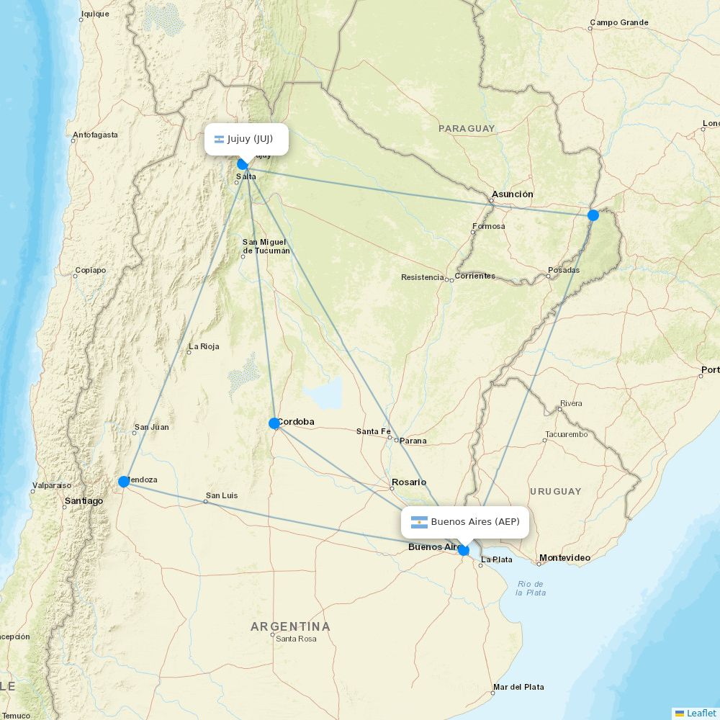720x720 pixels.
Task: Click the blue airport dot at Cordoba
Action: click(x=274, y=423)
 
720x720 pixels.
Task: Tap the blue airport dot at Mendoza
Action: click(x=124, y=482)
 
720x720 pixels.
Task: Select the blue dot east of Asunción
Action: click(x=593, y=215)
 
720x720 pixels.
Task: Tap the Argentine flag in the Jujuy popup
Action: click(x=219, y=139)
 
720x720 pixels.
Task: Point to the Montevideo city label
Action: click(x=564, y=558)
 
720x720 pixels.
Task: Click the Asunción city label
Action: click(x=512, y=194)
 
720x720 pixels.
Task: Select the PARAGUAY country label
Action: click(x=467, y=129)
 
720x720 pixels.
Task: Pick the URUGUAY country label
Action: click(x=555, y=492)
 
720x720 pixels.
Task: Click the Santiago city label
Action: click(x=84, y=501)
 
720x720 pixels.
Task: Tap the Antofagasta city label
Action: click(x=95, y=135)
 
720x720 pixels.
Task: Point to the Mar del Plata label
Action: click(x=518, y=688)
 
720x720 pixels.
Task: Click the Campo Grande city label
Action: click(x=619, y=22)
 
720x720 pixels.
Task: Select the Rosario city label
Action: click(x=408, y=482)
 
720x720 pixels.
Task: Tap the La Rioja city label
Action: click(x=204, y=346)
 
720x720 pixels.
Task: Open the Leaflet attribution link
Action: click(x=701, y=713)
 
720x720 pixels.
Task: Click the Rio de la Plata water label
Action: click(x=531, y=588)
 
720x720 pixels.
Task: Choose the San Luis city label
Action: click(x=222, y=495)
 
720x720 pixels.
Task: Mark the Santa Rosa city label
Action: click(x=296, y=639)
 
